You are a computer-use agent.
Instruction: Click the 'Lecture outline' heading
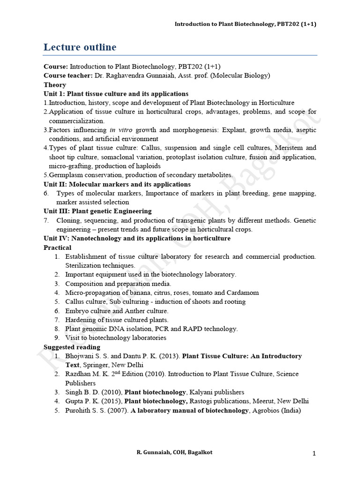[80, 47]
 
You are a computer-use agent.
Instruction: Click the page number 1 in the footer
[314, 453]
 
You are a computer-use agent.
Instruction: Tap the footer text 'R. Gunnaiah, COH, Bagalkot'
[174, 452]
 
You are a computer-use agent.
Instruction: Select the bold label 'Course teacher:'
[68, 75]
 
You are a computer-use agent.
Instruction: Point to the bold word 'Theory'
[55, 85]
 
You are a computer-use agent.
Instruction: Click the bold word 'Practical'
[58, 247]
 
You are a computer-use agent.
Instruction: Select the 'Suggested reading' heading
[72, 347]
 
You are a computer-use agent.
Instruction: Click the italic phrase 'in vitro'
[120, 130]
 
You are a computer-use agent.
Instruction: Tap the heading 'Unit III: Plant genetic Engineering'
[97, 211]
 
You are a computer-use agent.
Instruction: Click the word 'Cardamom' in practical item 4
[242, 292]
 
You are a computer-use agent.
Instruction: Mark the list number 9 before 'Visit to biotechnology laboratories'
[56, 338]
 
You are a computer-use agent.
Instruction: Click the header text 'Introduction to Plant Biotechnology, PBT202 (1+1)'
[245, 24]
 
